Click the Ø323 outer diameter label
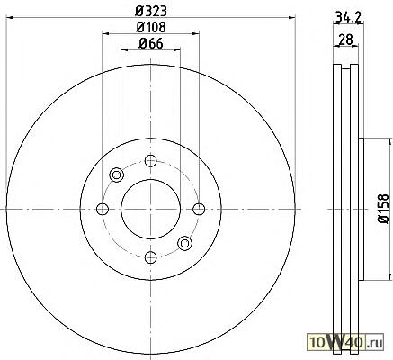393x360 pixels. click(x=150, y=12)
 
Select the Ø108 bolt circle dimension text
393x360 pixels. click(x=150, y=28)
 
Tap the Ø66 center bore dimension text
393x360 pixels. click(x=150, y=44)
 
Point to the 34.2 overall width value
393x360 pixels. click(x=348, y=17)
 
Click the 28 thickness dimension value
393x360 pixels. click(x=345, y=40)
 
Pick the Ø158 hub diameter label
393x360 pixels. click(x=383, y=209)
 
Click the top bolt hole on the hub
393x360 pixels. click(x=150, y=161)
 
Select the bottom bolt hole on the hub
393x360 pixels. click(x=150, y=257)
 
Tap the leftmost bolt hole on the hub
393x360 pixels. click(x=103, y=209)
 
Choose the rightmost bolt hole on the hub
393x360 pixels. click(x=199, y=209)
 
